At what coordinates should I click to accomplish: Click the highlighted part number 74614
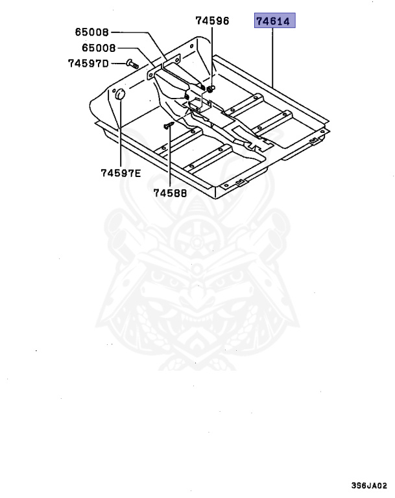pyautogui.click(x=274, y=22)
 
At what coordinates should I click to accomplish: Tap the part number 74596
pyautogui.click(x=213, y=21)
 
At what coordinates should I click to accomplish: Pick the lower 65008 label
pyautogui.click(x=99, y=47)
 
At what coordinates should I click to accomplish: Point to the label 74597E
pyautogui.click(x=121, y=173)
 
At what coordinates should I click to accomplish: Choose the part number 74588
pyautogui.click(x=170, y=192)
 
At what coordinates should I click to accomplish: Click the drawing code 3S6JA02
pyautogui.click(x=368, y=485)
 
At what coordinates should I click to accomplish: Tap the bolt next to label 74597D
pyautogui.click(x=130, y=63)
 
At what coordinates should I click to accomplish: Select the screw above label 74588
pyautogui.click(x=167, y=125)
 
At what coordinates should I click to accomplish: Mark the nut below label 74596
pyautogui.click(x=212, y=87)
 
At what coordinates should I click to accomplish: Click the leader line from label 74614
pyautogui.click(x=274, y=58)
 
